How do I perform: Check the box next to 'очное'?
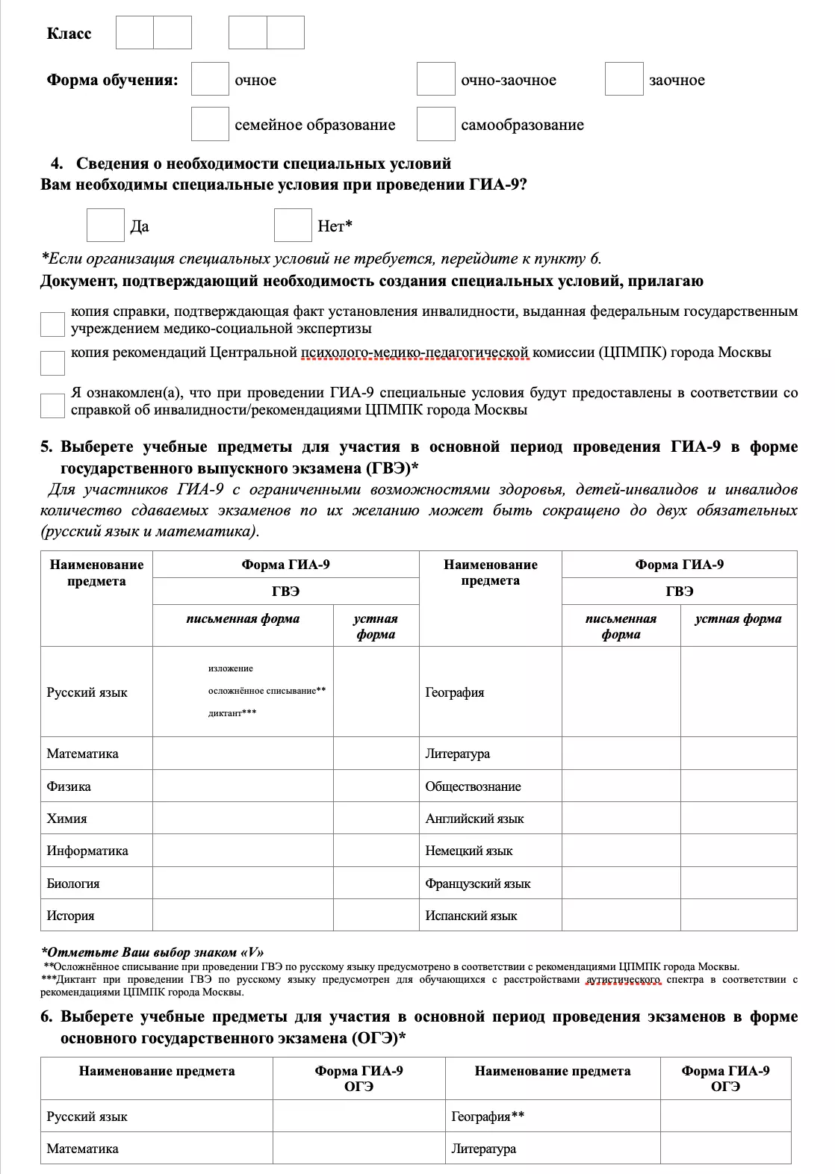coord(210,79)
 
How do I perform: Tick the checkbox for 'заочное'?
coord(624,79)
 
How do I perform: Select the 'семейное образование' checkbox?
coord(210,124)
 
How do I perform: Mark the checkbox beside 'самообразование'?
coord(435,124)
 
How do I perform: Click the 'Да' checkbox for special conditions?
coord(105,226)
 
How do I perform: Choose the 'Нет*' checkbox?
coord(293,226)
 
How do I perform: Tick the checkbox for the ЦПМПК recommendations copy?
coord(52,363)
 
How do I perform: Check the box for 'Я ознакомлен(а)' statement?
coord(52,406)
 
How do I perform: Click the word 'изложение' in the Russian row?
coord(231,668)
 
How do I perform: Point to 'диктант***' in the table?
coord(232,713)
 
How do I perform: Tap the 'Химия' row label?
coord(66,819)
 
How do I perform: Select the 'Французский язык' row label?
coord(478,883)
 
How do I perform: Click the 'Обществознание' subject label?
coord(473,786)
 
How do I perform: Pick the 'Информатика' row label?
coord(87,851)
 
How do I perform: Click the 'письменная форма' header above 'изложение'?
coord(243,619)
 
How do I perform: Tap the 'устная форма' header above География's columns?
coord(738,619)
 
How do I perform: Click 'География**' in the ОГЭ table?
coord(488,1116)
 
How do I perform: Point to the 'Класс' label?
coord(69,34)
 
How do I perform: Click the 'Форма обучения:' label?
coord(112,80)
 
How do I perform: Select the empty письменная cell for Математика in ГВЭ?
coord(243,754)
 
